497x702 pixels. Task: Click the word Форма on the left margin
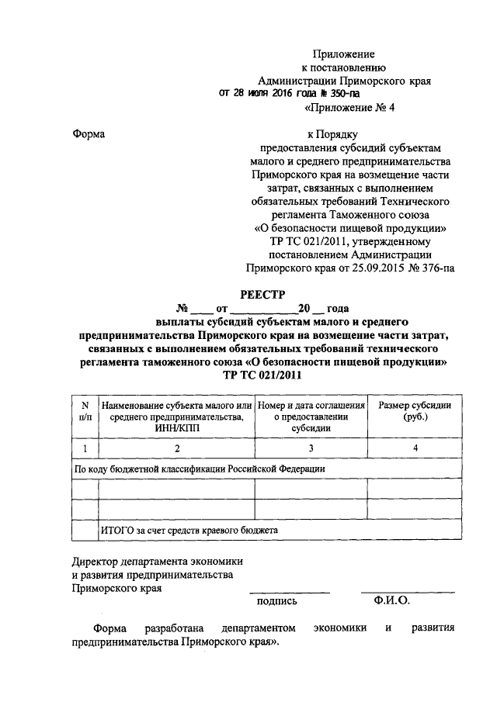(x=89, y=133)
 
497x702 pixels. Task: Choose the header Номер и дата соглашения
(x=311, y=406)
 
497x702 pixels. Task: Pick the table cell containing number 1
(x=85, y=448)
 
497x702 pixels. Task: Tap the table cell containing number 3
(x=311, y=448)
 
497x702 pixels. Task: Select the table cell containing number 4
(x=415, y=448)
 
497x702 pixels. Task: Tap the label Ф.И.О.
(x=391, y=600)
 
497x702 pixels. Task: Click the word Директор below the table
(x=97, y=561)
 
